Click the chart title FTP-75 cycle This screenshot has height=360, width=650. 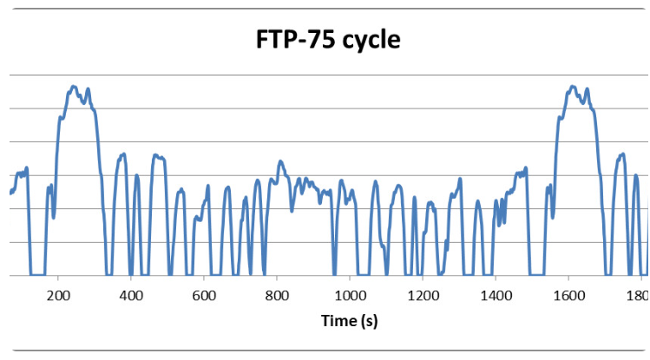(328, 40)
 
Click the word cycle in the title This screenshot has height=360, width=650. (371, 41)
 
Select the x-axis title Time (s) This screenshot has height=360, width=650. (350, 321)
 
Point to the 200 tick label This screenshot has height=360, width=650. (58, 296)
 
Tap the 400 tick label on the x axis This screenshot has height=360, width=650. (131, 296)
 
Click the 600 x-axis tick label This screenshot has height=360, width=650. (204, 296)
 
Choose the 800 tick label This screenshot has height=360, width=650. (277, 296)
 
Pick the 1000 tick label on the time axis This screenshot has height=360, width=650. (350, 296)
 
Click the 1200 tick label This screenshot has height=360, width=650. (423, 296)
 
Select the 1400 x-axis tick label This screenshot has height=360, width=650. (496, 296)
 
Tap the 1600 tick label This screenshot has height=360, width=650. (568, 296)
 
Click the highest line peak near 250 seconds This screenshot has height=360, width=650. (74, 87)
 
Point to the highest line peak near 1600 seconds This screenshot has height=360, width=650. (573, 87)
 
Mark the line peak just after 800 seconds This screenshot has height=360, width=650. (280, 161)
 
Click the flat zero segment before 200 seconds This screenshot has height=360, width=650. (37, 275)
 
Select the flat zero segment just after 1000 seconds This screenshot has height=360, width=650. (364, 275)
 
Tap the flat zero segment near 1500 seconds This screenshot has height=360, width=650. (537, 275)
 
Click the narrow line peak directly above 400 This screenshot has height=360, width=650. (137, 175)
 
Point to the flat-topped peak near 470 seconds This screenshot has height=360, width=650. (158, 157)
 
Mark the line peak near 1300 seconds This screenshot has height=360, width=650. (460, 179)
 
